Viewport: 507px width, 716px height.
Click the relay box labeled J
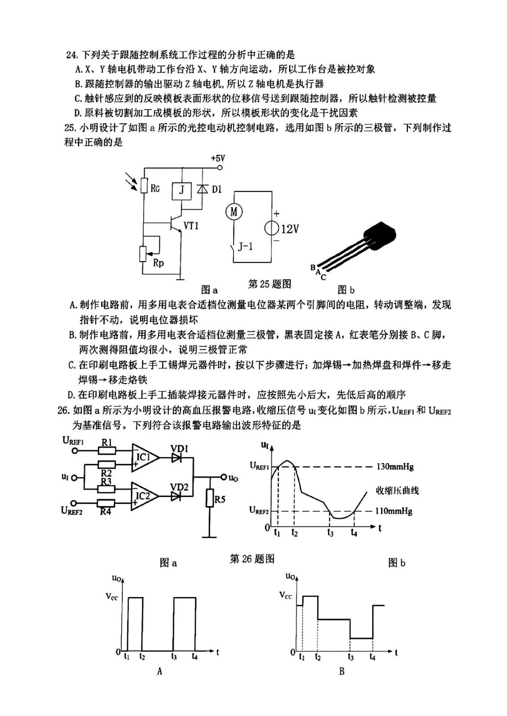[x=181, y=191]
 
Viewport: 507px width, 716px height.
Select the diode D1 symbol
[x=202, y=189]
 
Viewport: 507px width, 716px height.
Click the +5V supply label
[x=218, y=158]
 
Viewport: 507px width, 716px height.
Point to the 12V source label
[x=290, y=229]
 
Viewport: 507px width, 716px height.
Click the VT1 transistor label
[x=191, y=226]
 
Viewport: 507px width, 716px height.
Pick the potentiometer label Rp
[x=158, y=263]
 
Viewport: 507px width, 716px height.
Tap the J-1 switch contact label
[x=245, y=247]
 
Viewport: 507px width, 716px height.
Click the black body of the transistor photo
[x=381, y=235]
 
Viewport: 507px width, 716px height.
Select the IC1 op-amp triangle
[x=145, y=458]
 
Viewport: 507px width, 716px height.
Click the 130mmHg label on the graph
[x=395, y=467]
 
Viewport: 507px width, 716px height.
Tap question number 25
[x=70, y=128]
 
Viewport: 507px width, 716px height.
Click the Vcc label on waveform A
[x=112, y=596]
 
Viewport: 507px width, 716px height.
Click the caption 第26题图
[x=252, y=558]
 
